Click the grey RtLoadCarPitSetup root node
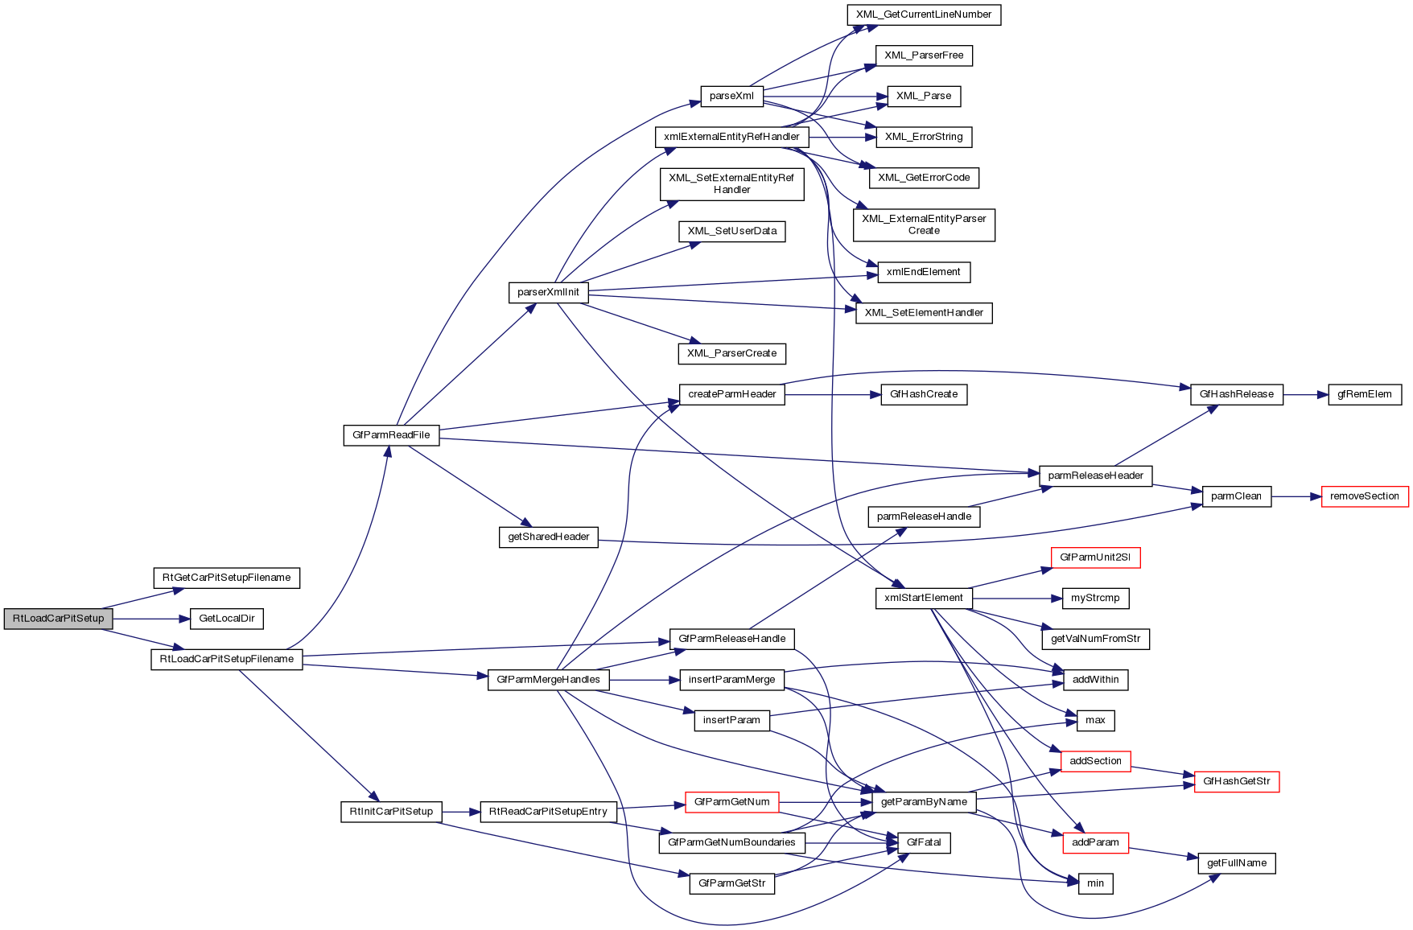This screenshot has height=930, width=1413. pyautogui.click(x=58, y=619)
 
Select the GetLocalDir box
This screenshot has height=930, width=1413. pyautogui.click(x=227, y=619)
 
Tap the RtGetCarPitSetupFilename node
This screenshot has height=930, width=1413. pyautogui.click(x=226, y=578)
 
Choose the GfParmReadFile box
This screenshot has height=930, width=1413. pyautogui.click(x=391, y=435)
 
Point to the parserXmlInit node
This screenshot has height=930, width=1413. pyautogui.click(x=548, y=292)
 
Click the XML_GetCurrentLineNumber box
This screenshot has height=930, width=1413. pyautogui.click(x=924, y=14)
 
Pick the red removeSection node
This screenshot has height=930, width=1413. pyautogui.click(x=1364, y=496)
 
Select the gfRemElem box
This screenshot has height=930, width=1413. pyautogui.click(x=1364, y=394)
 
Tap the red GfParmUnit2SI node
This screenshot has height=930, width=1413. pyautogui.click(x=1094, y=558)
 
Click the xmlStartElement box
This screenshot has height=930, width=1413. pyautogui.click(x=923, y=598)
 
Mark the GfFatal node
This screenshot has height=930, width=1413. pyautogui.click(x=923, y=842)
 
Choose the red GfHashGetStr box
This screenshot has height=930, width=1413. pyautogui.click(x=1236, y=781)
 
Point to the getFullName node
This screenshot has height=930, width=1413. pyautogui.click(x=1236, y=863)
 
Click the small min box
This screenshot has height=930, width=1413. pyautogui.click(x=1095, y=883)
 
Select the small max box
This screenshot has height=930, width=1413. pyautogui.click(x=1095, y=720)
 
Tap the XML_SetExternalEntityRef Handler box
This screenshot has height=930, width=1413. pyautogui.click(x=731, y=184)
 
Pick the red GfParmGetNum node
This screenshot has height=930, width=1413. pyautogui.click(x=731, y=802)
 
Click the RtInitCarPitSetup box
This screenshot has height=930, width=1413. pyautogui.click(x=391, y=812)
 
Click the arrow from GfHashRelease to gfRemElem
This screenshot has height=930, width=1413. pyautogui.click(x=1305, y=395)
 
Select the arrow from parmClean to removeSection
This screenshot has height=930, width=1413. pyautogui.click(x=1296, y=497)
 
